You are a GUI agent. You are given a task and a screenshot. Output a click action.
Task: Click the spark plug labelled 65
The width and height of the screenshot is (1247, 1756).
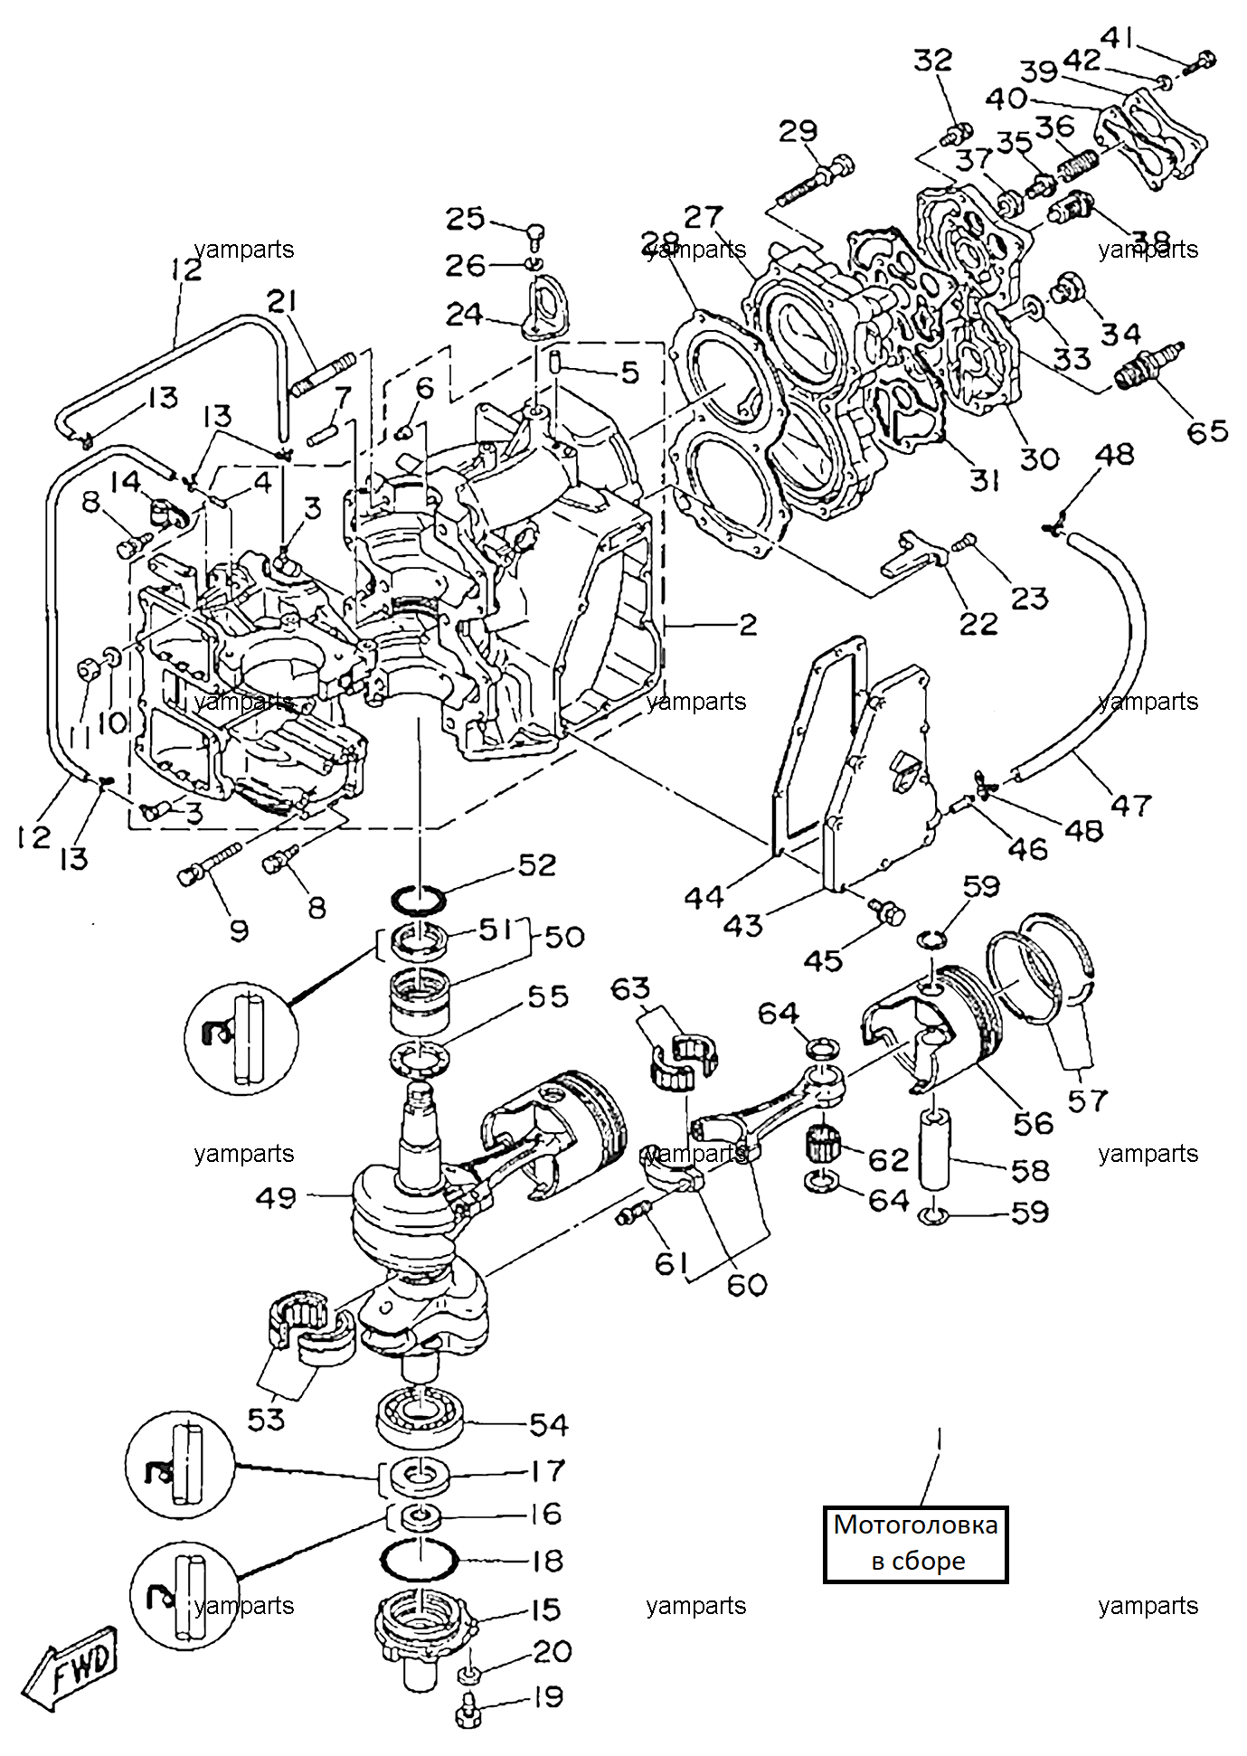(x=1150, y=365)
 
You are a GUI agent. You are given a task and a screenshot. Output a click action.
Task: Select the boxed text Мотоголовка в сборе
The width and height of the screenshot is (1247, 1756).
(x=915, y=1543)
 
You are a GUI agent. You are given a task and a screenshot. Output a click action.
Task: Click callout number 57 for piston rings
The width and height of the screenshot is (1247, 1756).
(x=1087, y=1100)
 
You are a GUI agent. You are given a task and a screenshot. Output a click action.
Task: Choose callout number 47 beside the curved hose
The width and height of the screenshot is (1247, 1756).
(x=1131, y=804)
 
